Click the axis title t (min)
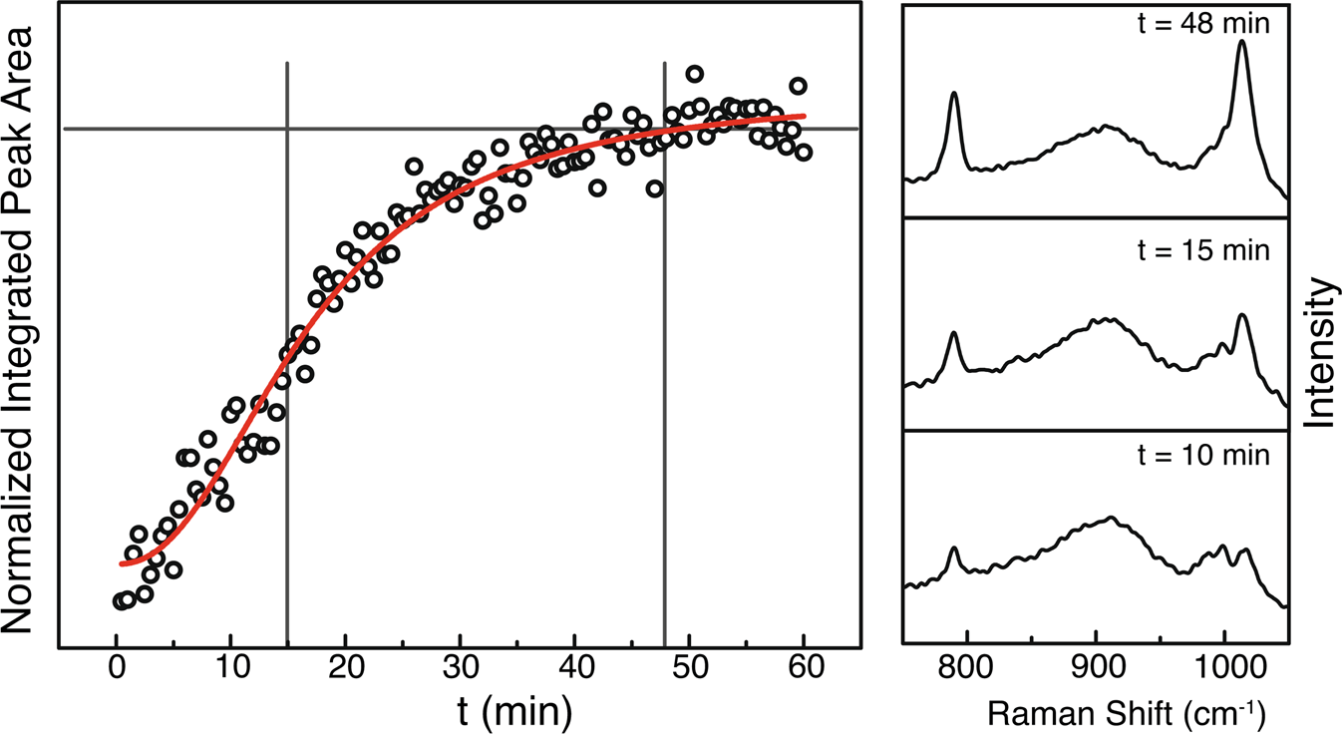(459, 709)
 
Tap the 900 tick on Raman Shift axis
(1096, 663)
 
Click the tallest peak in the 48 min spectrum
(1242, 43)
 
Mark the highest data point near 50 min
(695, 74)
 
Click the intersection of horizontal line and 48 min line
(664, 129)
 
